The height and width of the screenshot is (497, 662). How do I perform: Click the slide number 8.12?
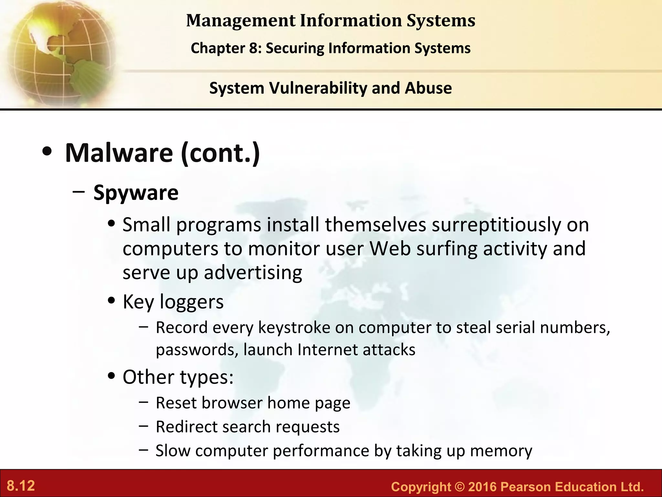click(21, 486)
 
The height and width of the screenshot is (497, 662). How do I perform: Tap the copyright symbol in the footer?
click(459, 487)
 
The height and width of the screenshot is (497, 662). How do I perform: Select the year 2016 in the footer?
click(481, 487)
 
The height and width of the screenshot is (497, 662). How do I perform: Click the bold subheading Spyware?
click(136, 193)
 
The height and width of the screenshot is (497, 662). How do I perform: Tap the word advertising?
click(253, 272)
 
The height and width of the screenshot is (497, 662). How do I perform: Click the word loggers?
click(192, 302)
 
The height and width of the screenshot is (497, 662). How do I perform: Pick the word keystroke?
click(294, 327)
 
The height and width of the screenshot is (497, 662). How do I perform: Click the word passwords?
click(197, 350)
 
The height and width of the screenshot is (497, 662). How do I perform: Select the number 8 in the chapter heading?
click(253, 48)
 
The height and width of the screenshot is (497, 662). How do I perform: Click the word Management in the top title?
click(241, 20)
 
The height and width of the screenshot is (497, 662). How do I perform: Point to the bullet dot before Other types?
click(112, 376)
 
